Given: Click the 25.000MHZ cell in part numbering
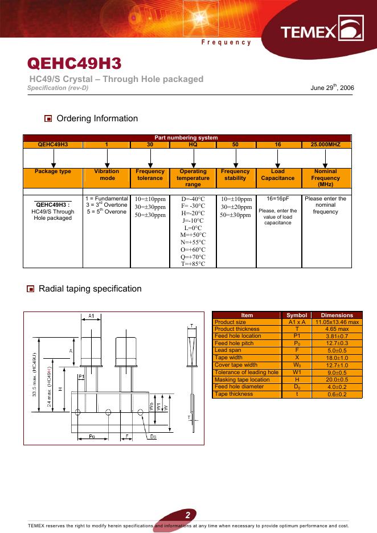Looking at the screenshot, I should [x=325, y=145].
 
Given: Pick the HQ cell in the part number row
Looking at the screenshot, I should [x=193, y=145].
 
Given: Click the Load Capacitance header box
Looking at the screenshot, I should [x=278, y=175].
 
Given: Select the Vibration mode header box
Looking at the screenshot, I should [x=106, y=175].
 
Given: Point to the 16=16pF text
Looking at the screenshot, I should [x=278, y=199].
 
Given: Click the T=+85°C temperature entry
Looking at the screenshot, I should [x=193, y=264].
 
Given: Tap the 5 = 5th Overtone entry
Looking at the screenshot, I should [x=106, y=212].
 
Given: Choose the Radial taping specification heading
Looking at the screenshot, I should [x=90, y=289].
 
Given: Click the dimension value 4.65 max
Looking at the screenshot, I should [x=337, y=329].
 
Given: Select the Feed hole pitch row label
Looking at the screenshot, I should [x=234, y=343].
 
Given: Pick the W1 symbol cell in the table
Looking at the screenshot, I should [x=297, y=372].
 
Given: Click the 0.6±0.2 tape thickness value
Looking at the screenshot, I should [x=337, y=394].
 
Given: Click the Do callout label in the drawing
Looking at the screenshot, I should [x=154, y=437].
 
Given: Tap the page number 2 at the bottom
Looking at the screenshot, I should [x=187, y=515].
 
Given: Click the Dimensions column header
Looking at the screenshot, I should [x=337, y=315].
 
